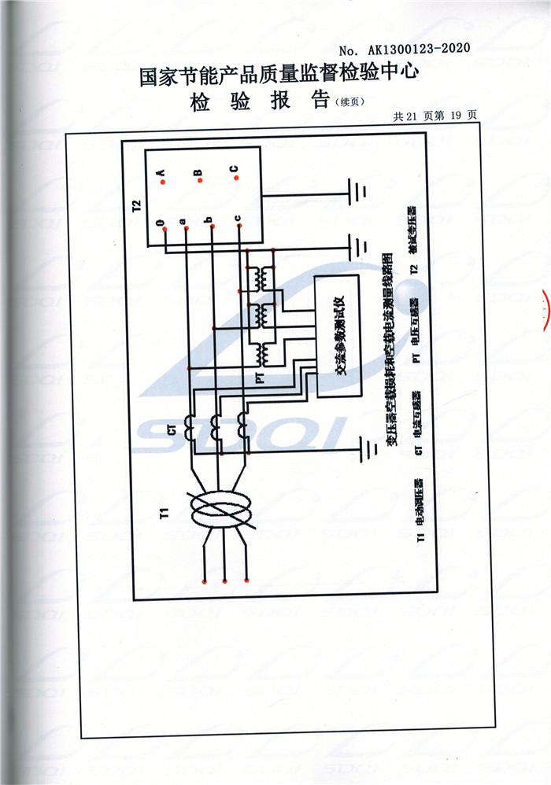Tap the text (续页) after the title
(351, 102)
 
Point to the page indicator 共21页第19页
(435, 116)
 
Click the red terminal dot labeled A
(161, 182)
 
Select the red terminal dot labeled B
(200, 181)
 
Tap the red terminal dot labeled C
(235, 178)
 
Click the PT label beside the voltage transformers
(259, 378)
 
